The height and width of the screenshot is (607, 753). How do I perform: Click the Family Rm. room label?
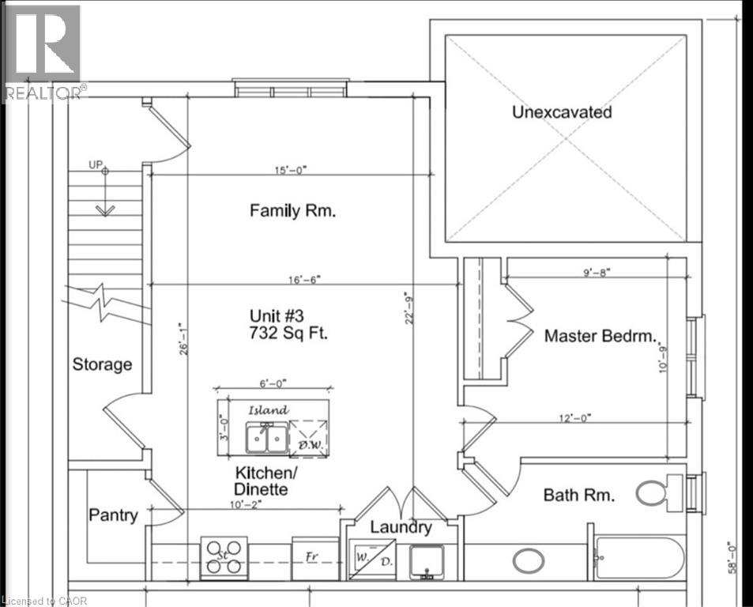point(292,211)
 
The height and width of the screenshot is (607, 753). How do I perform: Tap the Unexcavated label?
point(562,112)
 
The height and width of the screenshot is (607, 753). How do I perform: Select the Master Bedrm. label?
point(601,336)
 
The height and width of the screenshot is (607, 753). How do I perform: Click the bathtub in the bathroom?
point(639,557)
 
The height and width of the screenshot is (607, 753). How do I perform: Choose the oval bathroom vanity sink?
point(529,561)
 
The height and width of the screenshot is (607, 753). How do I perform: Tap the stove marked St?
point(224,557)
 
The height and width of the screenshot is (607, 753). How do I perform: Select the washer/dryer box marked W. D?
point(372,560)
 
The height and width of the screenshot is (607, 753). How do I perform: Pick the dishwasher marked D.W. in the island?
point(309,437)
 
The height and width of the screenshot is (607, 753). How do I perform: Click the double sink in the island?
point(267,437)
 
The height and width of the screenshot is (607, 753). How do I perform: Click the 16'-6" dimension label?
point(304,279)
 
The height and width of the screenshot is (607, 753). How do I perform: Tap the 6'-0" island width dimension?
point(273,383)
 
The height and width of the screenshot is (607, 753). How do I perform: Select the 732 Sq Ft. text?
point(288,333)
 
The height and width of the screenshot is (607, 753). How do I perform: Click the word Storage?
point(102,364)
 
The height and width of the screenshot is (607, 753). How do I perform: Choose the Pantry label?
point(113,515)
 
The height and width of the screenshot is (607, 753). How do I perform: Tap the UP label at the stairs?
point(96,164)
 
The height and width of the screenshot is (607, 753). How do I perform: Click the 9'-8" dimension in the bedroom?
point(597,273)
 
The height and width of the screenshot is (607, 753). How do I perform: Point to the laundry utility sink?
point(427,561)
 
